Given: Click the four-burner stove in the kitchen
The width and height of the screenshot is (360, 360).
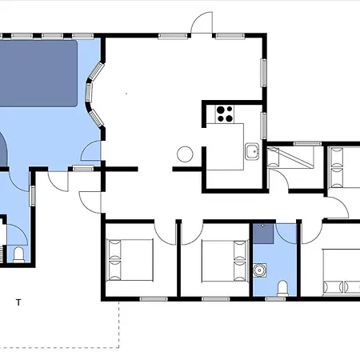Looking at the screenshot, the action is tap(224, 114).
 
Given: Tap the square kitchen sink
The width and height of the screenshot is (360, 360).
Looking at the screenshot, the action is tap(252, 151).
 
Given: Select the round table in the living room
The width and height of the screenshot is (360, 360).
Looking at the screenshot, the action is tap(185, 154).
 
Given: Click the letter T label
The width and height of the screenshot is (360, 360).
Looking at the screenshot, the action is tap(18, 302).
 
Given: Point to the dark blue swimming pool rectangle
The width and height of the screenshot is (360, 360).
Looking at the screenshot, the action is tap(38, 74).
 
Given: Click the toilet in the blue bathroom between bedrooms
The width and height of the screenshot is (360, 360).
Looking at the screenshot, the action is tap(282, 288).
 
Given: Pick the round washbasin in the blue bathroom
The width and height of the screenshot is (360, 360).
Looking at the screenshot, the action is tap(259, 270).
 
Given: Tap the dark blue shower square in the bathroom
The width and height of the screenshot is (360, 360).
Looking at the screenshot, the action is tap(263, 234).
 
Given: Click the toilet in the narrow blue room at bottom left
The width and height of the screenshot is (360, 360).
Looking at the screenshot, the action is tap(18, 255).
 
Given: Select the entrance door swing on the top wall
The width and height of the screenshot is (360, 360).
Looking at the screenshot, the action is tap(202, 22).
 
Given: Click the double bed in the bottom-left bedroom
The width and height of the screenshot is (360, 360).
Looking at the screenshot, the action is tap(130, 260).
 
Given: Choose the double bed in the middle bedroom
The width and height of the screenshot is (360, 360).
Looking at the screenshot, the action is tap(225, 261).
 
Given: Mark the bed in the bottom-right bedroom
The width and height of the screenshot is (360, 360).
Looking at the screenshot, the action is tap(342, 272).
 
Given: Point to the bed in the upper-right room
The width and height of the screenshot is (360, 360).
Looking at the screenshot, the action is tap(344, 167).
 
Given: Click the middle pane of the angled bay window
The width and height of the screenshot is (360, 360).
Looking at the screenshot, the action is tap(89, 92).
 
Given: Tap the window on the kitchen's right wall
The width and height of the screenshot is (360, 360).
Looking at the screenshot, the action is tap(264, 126).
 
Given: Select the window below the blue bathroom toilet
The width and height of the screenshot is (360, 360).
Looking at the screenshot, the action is tap(275, 299).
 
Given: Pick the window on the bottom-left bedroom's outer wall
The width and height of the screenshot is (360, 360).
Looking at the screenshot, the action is tap(154, 299).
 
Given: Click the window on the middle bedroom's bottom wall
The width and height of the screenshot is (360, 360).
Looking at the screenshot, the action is tap(215, 299).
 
